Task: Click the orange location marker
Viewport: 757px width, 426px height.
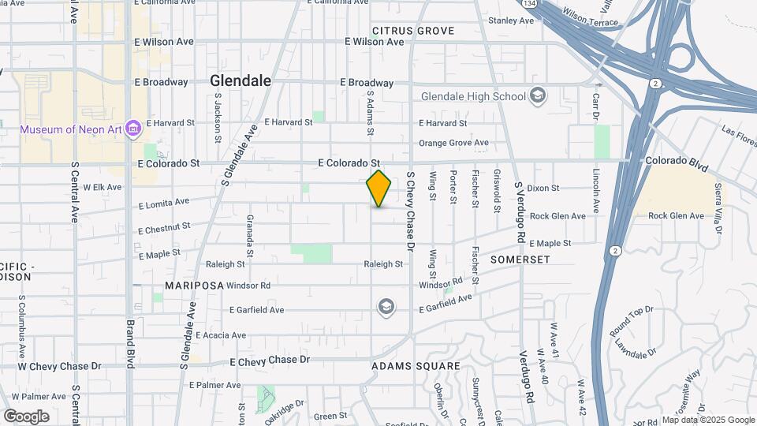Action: (378, 189)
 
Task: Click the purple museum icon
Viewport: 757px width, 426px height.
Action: (132, 128)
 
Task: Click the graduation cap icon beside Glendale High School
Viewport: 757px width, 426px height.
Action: (538, 96)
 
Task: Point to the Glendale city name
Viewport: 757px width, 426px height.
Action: (241, 80)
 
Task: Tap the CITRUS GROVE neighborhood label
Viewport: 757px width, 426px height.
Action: (413, 31)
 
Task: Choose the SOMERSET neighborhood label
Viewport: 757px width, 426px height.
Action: (519, 259)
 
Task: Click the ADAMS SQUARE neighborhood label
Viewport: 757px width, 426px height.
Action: (416, 366)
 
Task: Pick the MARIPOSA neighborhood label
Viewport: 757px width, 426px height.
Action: (192, 285)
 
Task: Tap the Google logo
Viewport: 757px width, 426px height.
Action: (26, 416)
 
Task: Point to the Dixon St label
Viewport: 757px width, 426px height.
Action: (543, 189)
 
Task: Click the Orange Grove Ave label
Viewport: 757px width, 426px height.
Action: (453, 143)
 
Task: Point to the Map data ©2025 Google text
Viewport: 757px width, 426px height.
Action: (707, 420)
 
